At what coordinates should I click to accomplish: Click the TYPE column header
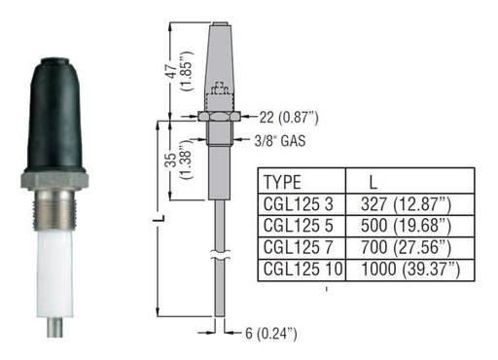[x=282, y=182]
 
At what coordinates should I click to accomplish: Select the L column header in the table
[x=373, y=183]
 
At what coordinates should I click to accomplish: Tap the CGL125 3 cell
[x=299, y=204]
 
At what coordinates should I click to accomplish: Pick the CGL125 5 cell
[x=299, y=226]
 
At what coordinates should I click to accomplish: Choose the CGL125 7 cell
[x=299, y=247]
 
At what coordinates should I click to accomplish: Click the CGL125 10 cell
[x=302, y=269]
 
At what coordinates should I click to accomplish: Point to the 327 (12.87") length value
[x=406, y=204]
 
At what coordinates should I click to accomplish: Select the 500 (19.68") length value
[x=406, y=226]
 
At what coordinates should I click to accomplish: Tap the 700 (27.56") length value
[x=406, y=247]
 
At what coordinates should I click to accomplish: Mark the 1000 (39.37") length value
[x=410, y=270]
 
